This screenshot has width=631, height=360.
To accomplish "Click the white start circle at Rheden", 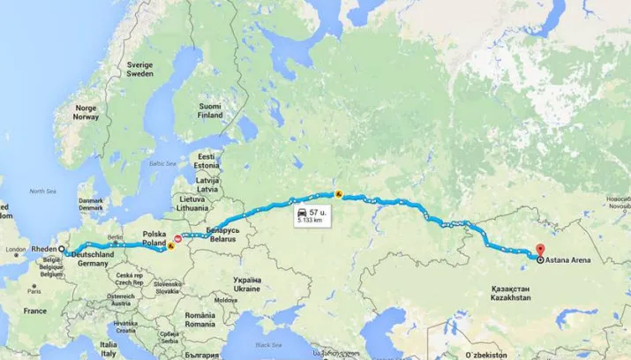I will pyautogui.click(x=60, y=250).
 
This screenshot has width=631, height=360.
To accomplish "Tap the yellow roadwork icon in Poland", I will pyautogui.click(x=169, y=249).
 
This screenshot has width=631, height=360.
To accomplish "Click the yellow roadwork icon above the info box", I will pyautogui.click(x=337, y=194).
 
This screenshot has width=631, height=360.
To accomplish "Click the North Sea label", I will pyautogui.click(x=42, y=191).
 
